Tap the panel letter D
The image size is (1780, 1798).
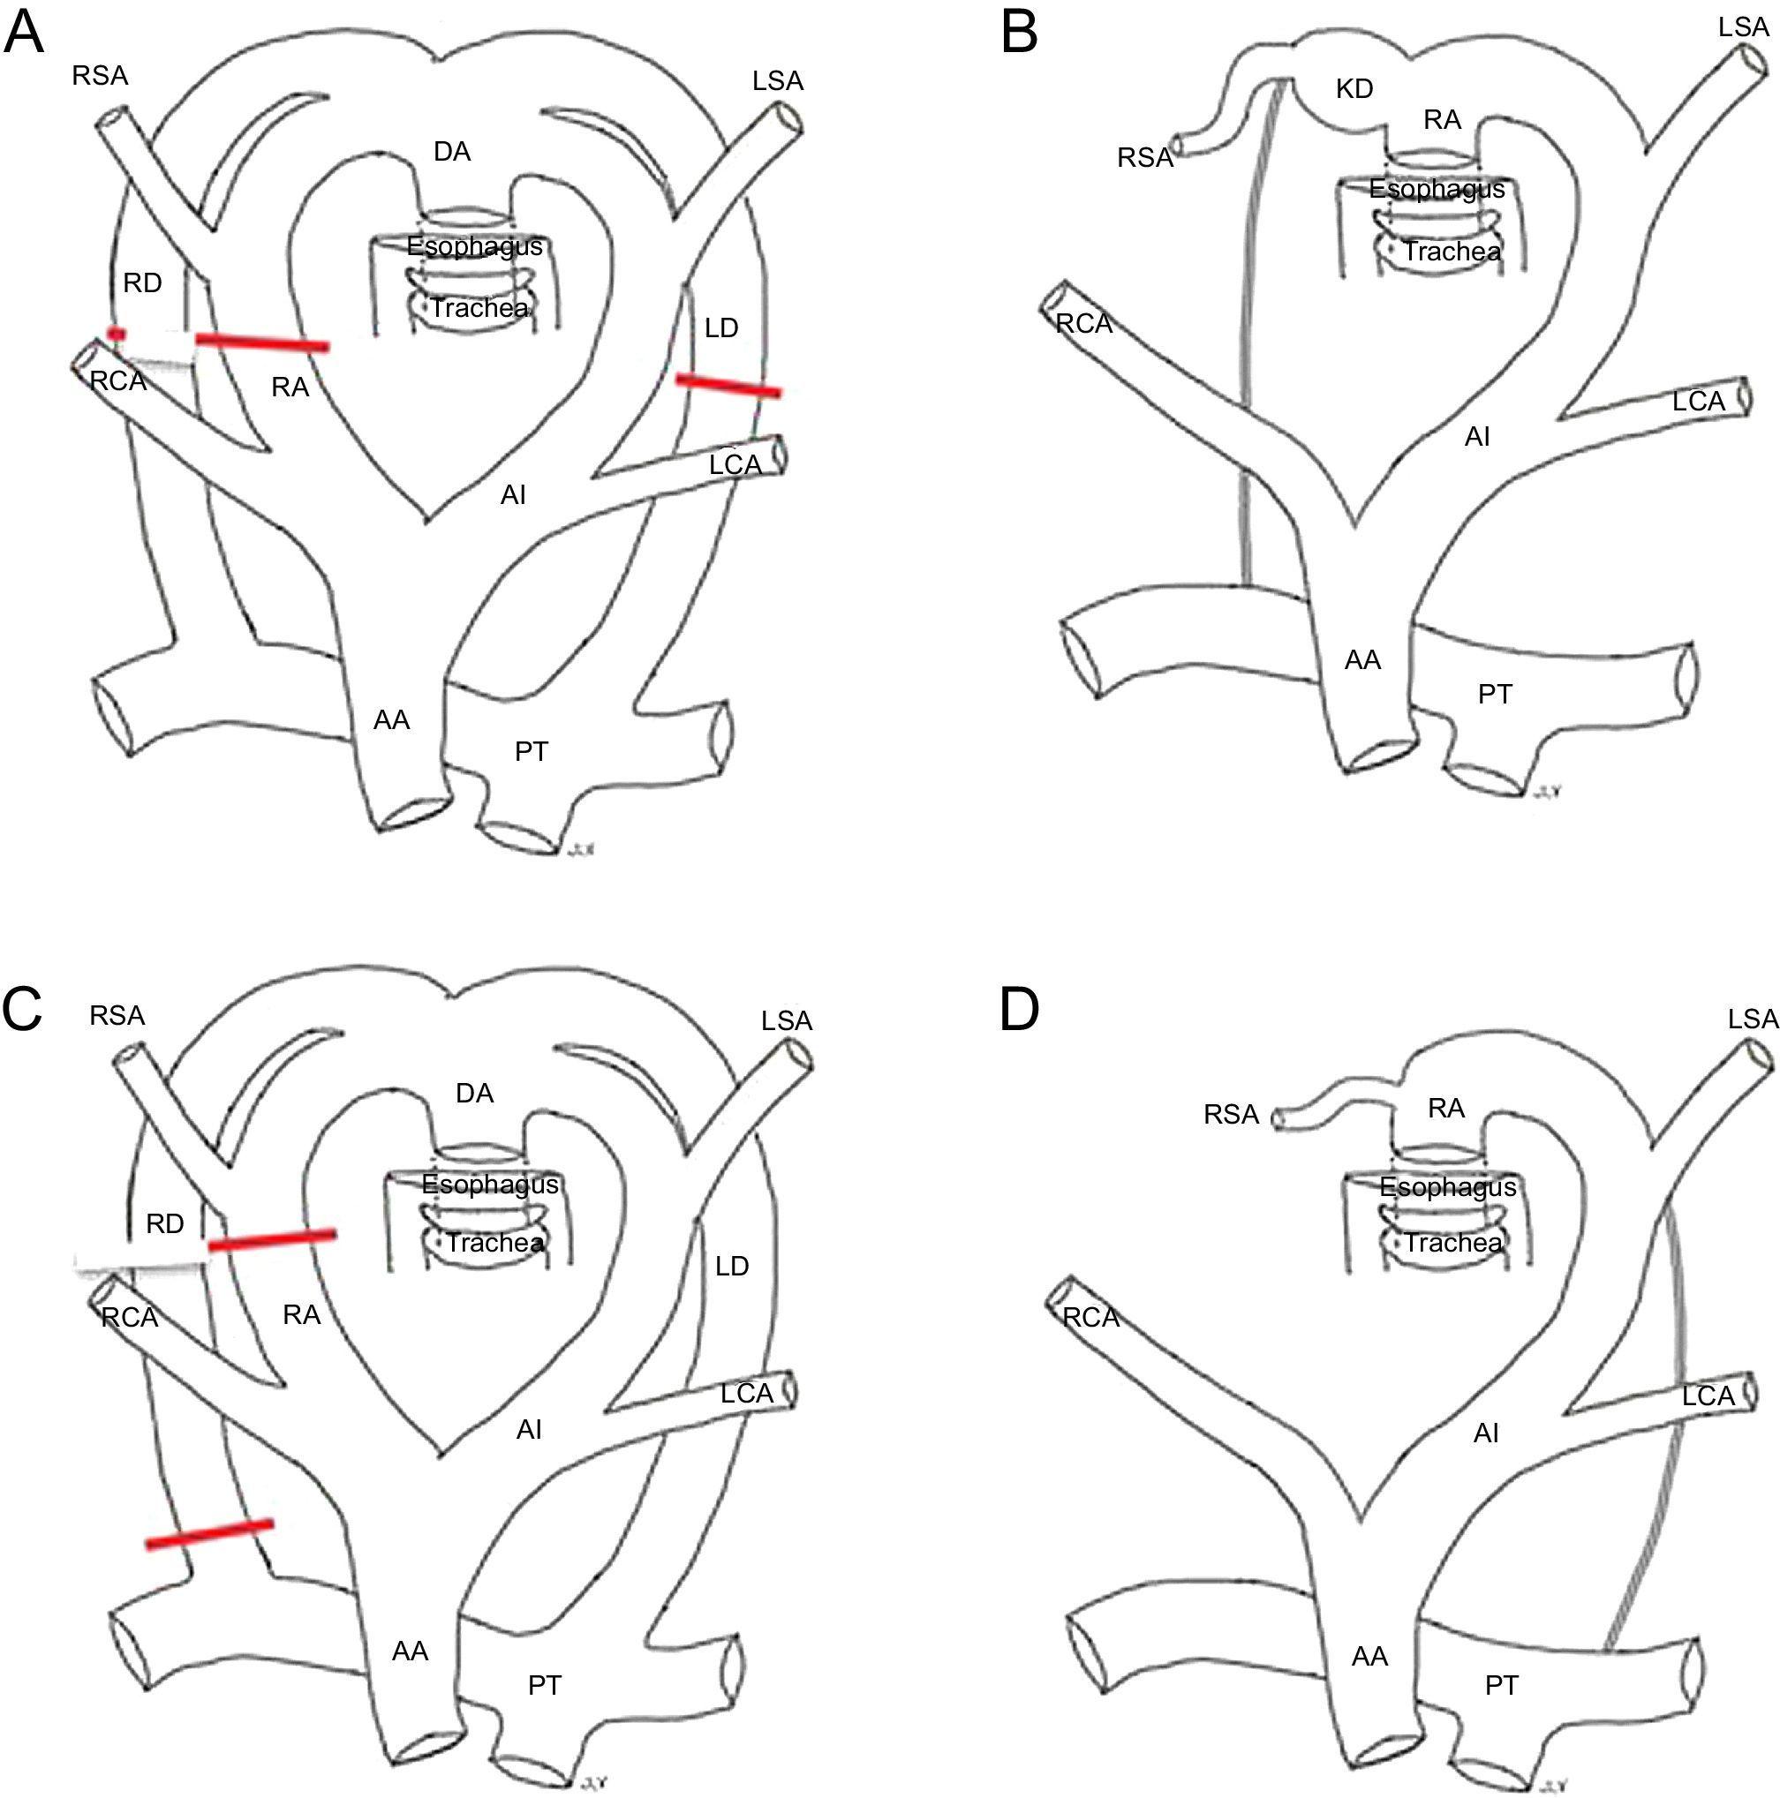tap(1020, 1012)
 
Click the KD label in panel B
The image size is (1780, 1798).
tap(1354, 89)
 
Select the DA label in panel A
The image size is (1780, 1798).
tap(451, 152)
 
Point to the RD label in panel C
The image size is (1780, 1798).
tap(165, 1223)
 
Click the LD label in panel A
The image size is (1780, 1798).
tap(721, 327)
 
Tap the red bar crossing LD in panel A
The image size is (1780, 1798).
tap(728, 385)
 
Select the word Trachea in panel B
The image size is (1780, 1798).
tap(1452, 252)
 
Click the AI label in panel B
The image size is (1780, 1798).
tap(1477, 435)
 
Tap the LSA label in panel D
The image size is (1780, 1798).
tap(1753, 1019)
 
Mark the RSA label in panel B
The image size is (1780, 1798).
tap(1145, 158)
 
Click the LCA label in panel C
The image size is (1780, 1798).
tap(747, 1393)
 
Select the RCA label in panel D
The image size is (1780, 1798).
tap(1090, 1318)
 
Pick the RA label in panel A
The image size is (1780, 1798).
tap(290, 387)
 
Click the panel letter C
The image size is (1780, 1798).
tap(22, 1012)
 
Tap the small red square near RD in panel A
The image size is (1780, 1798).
tap(117, 333)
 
